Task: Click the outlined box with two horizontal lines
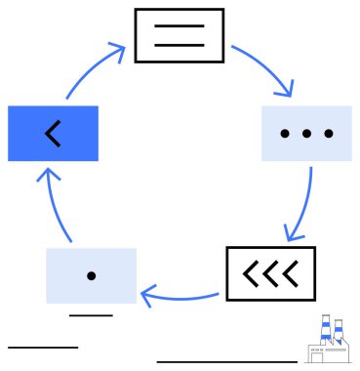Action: coord(179,35)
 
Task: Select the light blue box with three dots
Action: coord(306,132)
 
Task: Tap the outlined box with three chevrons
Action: coord(270,273)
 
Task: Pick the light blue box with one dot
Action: coord(91,275)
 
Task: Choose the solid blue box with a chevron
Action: coord(53,132)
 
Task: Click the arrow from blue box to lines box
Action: coord(93,66)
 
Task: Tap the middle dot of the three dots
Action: coord(306,133)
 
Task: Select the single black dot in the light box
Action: coord(91,276)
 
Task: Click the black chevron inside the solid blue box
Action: coord(53,133)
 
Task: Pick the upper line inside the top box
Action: coord(179,26)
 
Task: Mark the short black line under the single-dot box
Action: coord(91,315)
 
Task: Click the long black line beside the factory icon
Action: coord(227,362)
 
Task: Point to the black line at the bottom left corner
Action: coord(42,347)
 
